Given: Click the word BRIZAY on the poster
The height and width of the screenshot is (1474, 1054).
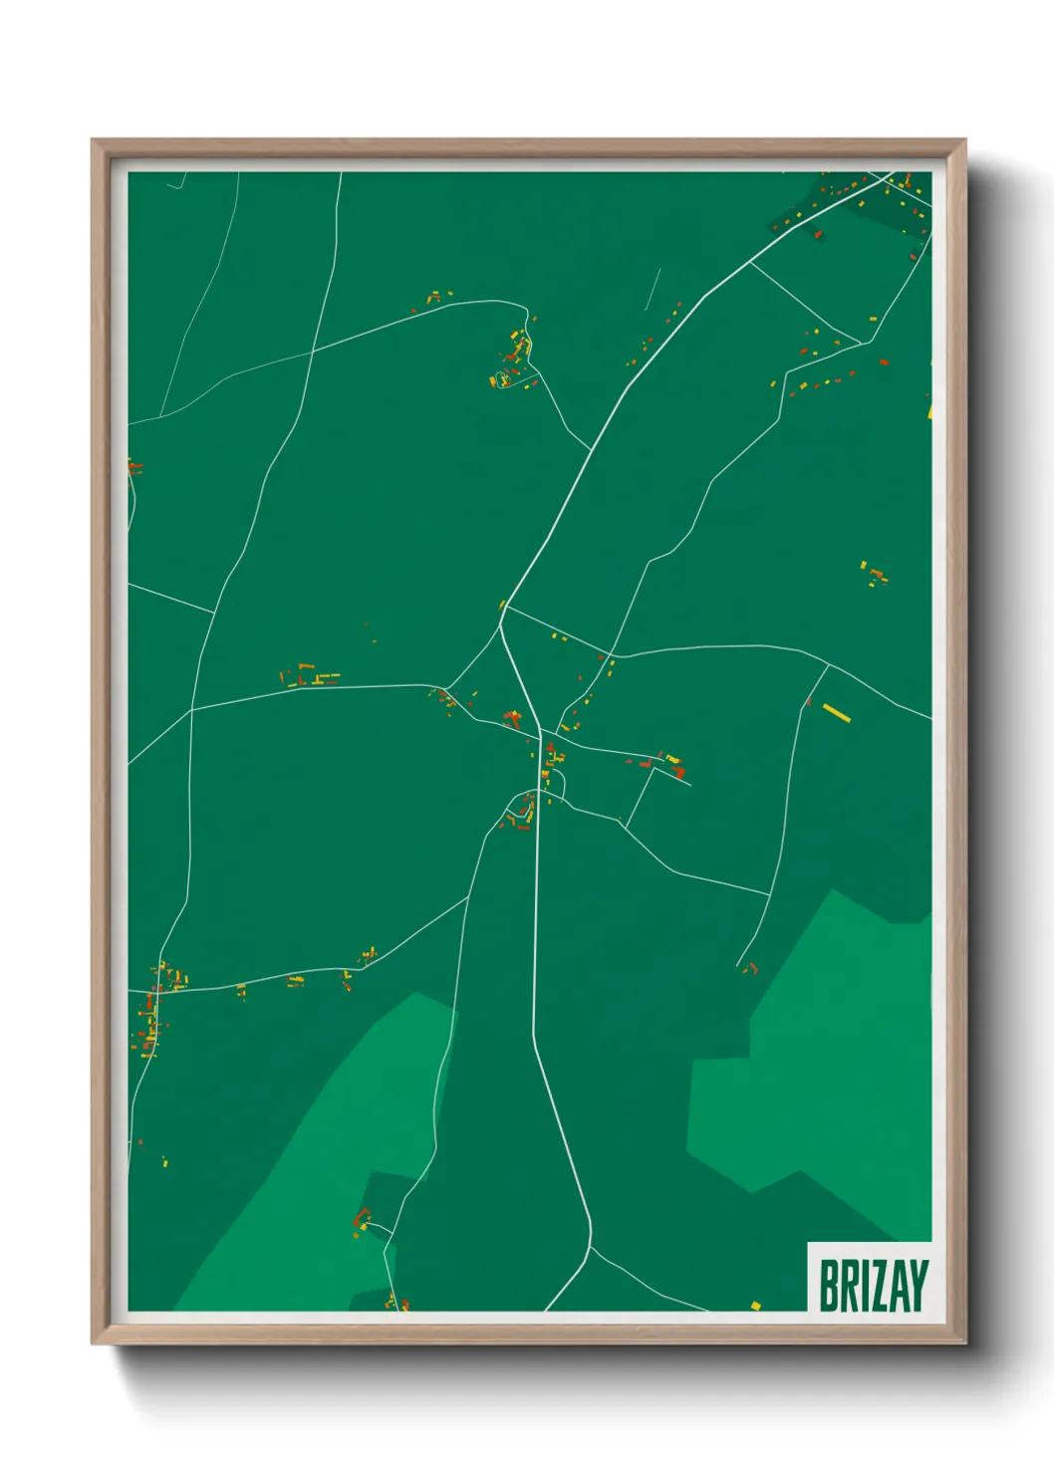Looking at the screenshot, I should pyautogui.click(x=873, y=1285).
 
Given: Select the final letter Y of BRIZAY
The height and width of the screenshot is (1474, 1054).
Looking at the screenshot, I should pyautogui.click(x=919, y=1285).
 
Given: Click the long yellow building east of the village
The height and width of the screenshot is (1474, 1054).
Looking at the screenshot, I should pyautogui.click(x=837, y=712).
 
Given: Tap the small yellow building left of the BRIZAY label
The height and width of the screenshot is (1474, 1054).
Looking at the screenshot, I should pyautogui.click(x=755, y=1305).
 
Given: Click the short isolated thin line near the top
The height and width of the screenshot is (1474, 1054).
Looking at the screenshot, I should pyautogui.click(x=653, y=289).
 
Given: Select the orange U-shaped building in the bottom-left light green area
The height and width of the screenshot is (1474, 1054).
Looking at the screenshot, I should pyautogui.click(x=362, y=1218).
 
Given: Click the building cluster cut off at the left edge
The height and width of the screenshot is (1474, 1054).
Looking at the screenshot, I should pyautogui.click(x=133, y=466).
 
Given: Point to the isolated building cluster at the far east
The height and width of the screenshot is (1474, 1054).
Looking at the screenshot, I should pyautogui.click(x=875, y=574).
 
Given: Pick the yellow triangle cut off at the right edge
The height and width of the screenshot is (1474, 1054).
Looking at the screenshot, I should pyautogui.click(x=929, y=408).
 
